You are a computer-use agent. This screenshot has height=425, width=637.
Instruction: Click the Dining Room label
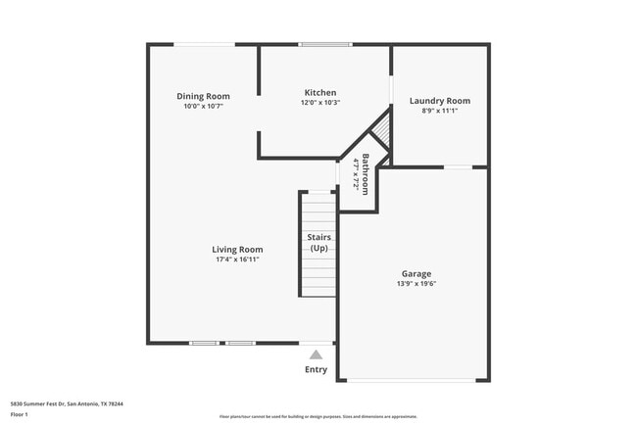203,96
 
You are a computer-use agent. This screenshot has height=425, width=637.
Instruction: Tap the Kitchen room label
320,93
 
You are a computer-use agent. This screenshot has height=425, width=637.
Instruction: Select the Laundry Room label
439,101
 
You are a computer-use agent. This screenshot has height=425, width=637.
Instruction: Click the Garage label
416,274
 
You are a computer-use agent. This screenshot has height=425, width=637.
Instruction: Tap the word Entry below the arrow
316,369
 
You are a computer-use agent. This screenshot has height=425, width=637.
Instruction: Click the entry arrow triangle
316,354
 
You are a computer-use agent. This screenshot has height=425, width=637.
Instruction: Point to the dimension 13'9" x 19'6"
416,285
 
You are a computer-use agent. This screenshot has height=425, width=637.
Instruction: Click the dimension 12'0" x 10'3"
320,103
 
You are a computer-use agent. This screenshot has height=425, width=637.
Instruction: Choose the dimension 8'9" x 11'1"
439,111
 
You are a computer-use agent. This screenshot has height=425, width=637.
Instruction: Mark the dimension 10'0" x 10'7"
203,106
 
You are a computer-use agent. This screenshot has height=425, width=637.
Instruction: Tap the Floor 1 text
21,415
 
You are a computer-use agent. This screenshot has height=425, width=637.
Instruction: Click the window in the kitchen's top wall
325,44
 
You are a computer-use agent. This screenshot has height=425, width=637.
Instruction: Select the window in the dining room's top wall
205,44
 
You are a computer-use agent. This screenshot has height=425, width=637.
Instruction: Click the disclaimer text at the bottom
318,415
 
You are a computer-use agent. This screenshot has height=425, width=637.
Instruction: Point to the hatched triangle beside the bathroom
383,131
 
